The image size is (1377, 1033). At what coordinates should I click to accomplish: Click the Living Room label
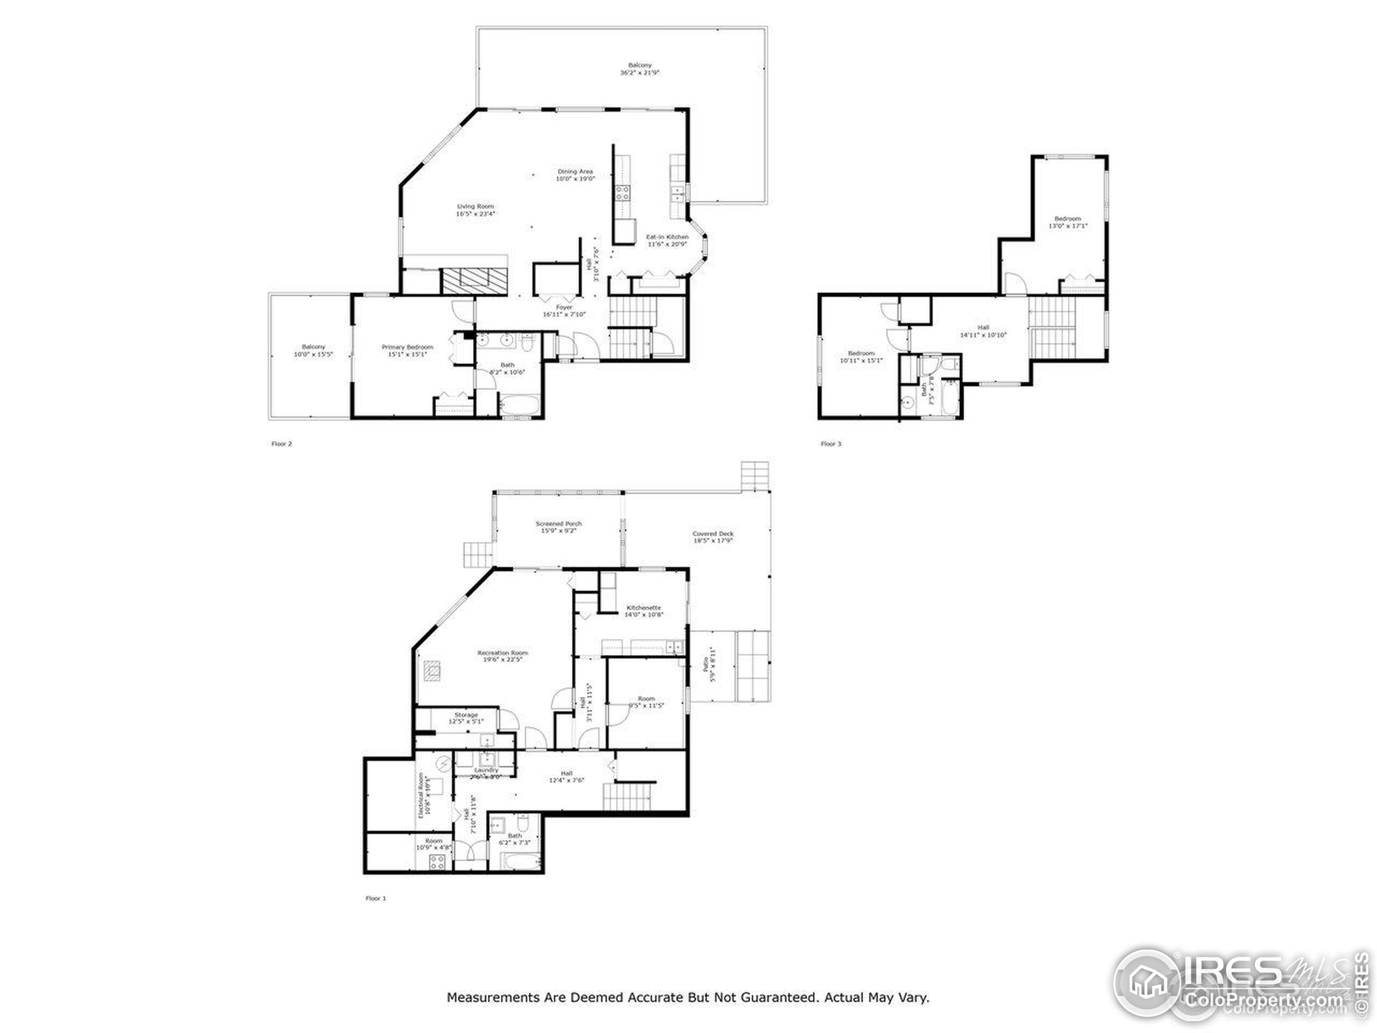pyautogui.click(x=475, y=207)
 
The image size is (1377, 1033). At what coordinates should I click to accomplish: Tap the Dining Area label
pyautogui.click(x=575, y=172)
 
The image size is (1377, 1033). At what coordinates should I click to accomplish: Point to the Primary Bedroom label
pyautogui.click(x=408, y=348)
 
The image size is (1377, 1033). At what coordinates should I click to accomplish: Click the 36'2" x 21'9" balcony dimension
pyautogui.click(x=640, y=73)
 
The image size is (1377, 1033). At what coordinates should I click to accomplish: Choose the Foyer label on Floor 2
pyautogui.click(x=564, y=308)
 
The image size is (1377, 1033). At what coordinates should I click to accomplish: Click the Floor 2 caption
pyautogui.click(x=281, y=444)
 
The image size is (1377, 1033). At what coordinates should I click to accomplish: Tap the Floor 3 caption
pyautogui.click(x=831, y=444)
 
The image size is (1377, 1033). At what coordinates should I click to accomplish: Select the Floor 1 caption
pyautogui.click(x=375, y=898)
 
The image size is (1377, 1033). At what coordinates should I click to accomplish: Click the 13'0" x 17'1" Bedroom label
pyautogui.click(x=1068, y=219)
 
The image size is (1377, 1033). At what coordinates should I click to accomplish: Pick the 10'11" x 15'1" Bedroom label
pyautogui.click(x=862, y=353)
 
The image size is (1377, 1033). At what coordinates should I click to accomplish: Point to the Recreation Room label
pyautogui.click(x=502, y=653)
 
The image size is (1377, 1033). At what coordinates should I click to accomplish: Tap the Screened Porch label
pyautogui.click(x=558, y=524)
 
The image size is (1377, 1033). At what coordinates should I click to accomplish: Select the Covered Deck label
pyautogui.click(x=713, y=534)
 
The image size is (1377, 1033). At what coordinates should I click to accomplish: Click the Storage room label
pyautogui.click(x=466, y=716)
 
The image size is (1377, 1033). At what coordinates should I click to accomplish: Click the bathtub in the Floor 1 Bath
pyautogui.click(x=521, y=862)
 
